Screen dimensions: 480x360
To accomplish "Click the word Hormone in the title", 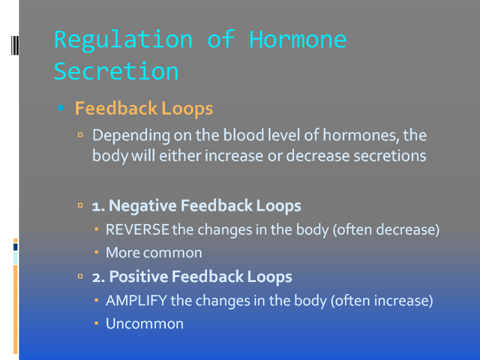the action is coord(298,40).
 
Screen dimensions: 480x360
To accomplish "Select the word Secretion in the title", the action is coord(116,71).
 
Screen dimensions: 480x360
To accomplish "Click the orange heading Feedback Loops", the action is coord(144,109).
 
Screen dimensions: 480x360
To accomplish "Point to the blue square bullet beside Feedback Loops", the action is coord(61,108).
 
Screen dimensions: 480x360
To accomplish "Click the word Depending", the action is coord(131,136).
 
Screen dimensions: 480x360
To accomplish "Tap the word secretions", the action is coord(389,155).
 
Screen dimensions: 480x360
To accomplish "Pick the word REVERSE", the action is coord(137,230).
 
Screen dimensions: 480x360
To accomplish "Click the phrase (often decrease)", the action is coord(386,230).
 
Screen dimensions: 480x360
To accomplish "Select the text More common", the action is coord(154,253).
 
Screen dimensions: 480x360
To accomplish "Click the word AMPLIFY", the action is coord(136,301).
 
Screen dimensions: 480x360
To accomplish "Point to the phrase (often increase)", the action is coord(382,301).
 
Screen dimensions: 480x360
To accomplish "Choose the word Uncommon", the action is coord(145,324).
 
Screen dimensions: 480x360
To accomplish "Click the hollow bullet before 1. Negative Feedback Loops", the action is coord(80,205).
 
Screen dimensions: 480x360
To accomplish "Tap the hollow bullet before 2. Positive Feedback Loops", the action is coord(80,277).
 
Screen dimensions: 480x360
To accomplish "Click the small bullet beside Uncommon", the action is coord(97,323).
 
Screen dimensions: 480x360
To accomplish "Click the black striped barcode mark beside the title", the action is coord(15,46).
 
